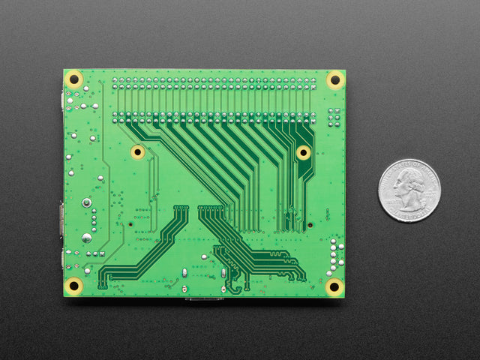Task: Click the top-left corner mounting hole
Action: (x=74, y=79)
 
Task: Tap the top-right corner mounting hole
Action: (x=334, y=79)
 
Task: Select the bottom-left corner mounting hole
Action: (x=74, y=285)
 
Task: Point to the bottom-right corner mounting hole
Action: (x=334, y=286)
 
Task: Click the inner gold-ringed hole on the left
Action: (x=137, y=152)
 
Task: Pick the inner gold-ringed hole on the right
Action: (x=303, y=152)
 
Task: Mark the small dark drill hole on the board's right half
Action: (x=309, y=225)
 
